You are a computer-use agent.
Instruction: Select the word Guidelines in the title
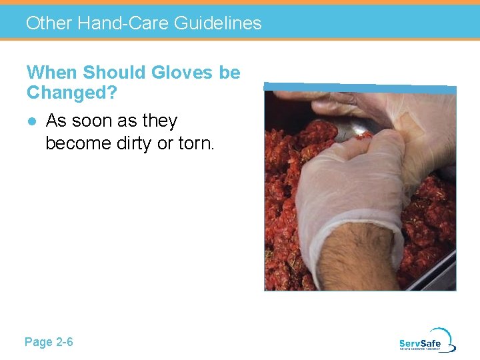point(217,23)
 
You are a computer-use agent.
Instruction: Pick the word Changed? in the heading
point(71,93)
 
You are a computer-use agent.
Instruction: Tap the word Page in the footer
point(38,342)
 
